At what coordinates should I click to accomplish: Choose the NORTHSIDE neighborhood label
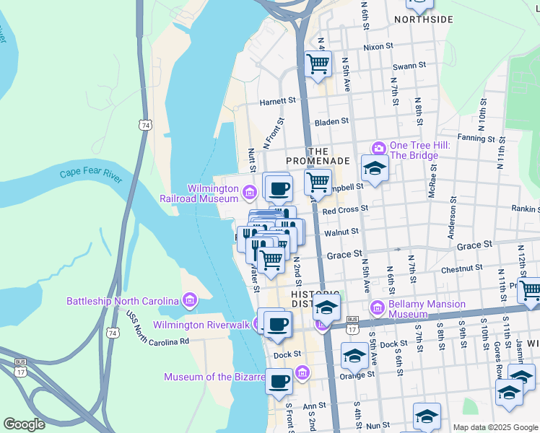pos(424,19)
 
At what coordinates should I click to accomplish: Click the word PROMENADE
pos(318,160)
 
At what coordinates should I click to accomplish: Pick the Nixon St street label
pos(378,46)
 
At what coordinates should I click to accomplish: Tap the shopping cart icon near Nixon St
pos(318,64)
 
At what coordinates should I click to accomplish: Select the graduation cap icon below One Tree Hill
pos(375,168)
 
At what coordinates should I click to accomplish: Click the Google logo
pos(24,424)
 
